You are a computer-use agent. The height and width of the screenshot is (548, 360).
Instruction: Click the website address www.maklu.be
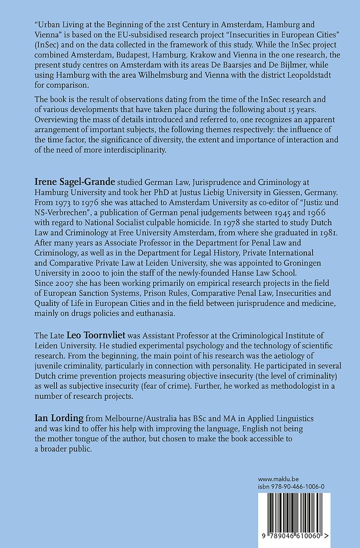pyautogui.click(x=277, y=479)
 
